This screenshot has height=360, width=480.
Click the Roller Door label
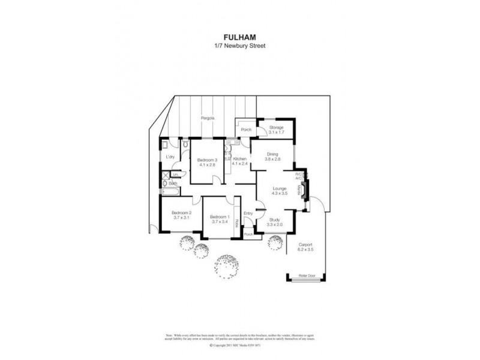coord(307,275)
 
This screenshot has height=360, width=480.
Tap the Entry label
coord(248,213)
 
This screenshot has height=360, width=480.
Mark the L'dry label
coord(170,157)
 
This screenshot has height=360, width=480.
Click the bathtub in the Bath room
coord(169,192)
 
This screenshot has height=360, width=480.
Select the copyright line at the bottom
coord(239,346)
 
